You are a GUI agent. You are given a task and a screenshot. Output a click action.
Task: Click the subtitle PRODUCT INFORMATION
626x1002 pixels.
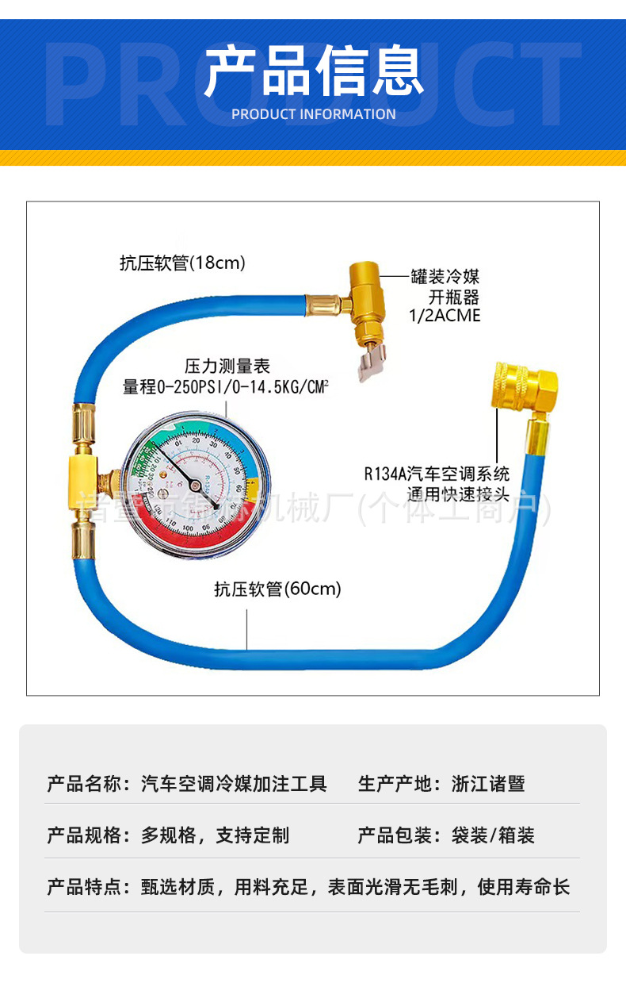point(313,114)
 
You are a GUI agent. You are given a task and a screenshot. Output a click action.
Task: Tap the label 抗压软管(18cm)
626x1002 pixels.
point(182,263)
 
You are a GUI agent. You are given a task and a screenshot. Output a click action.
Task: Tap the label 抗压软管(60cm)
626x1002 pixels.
point(277,589)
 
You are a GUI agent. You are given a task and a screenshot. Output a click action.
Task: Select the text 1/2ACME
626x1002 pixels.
point(445,316)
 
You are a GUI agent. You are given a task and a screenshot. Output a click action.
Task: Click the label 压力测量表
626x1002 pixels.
point(227,366)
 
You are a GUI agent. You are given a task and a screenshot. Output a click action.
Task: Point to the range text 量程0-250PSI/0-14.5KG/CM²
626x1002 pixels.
point(226,387)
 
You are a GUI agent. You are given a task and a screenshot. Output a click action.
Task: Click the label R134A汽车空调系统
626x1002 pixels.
point(437,474)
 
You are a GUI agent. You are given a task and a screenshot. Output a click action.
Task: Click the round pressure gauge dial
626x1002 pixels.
point(197,480)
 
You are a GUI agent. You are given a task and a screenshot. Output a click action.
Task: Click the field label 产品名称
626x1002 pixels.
point(83,784)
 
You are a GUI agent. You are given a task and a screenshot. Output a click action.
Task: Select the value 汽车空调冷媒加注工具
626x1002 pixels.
point(234,784)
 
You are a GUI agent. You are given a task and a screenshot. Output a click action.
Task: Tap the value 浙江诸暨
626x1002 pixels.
point(488,784)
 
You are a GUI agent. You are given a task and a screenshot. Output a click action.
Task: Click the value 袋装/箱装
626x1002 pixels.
point(493,835)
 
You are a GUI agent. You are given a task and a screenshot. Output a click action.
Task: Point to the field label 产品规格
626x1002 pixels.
point(83,835)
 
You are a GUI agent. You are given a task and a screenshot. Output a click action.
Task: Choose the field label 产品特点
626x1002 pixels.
point(83,886)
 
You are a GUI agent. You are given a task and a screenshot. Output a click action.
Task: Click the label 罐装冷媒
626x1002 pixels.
point(445,277)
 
